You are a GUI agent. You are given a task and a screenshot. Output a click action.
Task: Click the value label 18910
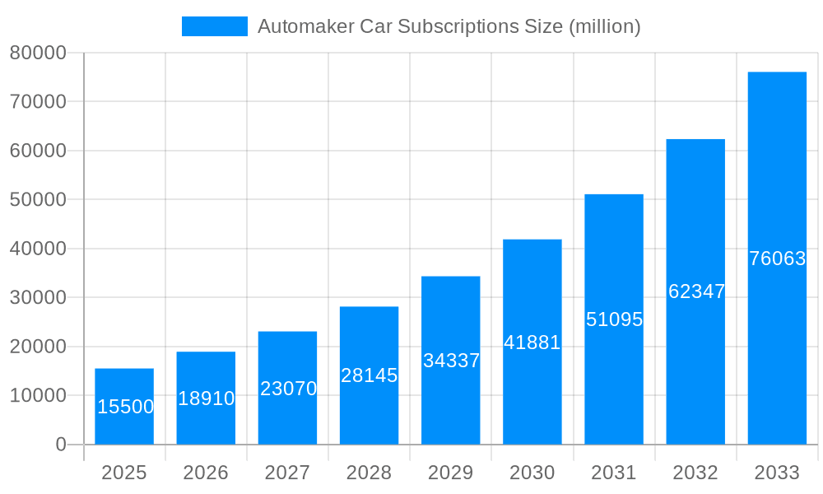(206, 398)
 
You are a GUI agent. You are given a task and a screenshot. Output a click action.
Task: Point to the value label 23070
(288, 389)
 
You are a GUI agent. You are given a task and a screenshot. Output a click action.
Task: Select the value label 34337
(451, 361)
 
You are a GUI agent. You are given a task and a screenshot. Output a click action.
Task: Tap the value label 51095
(614, 319)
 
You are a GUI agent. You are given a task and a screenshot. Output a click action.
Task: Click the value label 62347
(696, 291)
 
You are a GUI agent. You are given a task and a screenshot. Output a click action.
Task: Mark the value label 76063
(777, 259)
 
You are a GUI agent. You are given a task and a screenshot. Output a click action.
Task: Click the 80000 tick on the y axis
(38, 53)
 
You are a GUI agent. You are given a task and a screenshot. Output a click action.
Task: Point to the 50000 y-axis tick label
(38, 200)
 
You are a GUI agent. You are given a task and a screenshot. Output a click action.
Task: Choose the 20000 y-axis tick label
(38, 347)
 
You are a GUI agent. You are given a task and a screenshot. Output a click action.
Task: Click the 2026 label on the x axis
(206, 473)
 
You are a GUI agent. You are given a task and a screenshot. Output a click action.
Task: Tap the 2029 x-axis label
(451, 473)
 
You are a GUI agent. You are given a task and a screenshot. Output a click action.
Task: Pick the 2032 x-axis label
(695, 473)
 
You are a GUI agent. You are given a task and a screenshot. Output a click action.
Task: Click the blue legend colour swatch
(215, 26)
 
